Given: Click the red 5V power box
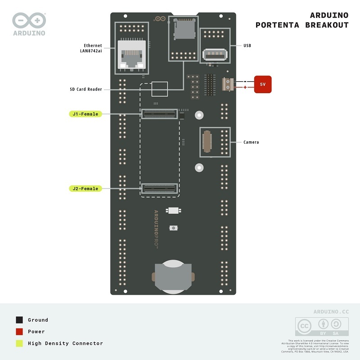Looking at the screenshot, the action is point(263,84).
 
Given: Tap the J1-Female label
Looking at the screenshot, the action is point(85,114).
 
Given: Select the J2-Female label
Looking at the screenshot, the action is point(85,189).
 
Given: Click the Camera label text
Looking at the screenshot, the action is point(251,142).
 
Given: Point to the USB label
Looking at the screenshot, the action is point(247,45).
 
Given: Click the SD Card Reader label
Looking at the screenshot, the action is point(86,89).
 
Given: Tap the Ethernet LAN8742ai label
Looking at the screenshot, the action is point(91,48).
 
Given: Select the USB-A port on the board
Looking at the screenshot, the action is point(215,54).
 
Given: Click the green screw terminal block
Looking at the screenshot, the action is point(228,84).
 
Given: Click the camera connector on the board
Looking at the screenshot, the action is point(207,142).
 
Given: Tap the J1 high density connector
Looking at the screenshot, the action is point(160,114).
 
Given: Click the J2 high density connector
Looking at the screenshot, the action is point(160,189).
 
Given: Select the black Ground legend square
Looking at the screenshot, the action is point(19,320).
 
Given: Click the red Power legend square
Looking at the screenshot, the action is point(19,332).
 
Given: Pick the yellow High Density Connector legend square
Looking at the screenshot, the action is point(19,343).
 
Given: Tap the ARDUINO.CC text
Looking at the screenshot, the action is point(331,311).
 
